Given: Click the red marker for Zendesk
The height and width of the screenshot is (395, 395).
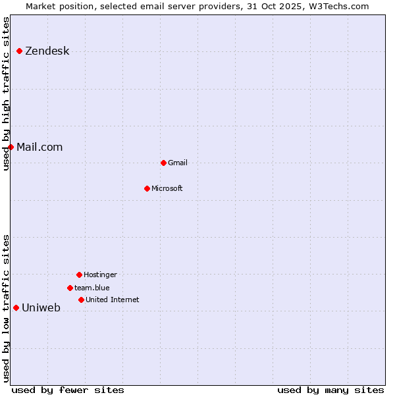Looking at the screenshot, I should [20, 51].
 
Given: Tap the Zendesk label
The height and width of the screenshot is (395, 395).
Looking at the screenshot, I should [47, 51].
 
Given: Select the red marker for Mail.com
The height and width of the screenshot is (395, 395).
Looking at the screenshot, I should [11, 147].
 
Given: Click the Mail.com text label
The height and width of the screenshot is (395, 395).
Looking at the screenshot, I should [39, 147].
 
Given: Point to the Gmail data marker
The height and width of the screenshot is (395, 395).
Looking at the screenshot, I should [163, 163].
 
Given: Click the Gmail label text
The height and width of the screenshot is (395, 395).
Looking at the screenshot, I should [178, 163].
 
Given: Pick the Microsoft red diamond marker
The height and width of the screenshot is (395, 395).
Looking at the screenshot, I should [147, 188].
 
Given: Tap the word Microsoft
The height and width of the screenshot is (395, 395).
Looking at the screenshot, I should [167, 189].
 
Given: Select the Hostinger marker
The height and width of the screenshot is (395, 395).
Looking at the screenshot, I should [79, 275].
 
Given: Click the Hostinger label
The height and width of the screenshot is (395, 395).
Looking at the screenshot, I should [100, 275].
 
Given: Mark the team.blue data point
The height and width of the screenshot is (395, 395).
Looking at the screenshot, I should [70, 288].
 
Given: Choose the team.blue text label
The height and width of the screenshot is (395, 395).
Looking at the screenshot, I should [92, 288].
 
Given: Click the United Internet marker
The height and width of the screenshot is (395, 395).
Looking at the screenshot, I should [81, 300].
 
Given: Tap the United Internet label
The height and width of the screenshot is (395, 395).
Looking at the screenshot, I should [112, 300].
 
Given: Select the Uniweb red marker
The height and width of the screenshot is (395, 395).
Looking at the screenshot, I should [16, 307].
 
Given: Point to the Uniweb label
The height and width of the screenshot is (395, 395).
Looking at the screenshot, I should [41, 308].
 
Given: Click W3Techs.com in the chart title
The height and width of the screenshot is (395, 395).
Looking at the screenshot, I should [337, 7].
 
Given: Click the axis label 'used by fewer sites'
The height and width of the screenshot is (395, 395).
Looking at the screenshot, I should [68, 390].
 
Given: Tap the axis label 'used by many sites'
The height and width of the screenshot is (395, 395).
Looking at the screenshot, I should [330, 390].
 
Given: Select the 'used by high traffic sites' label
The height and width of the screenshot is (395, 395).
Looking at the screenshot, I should [7, 93].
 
